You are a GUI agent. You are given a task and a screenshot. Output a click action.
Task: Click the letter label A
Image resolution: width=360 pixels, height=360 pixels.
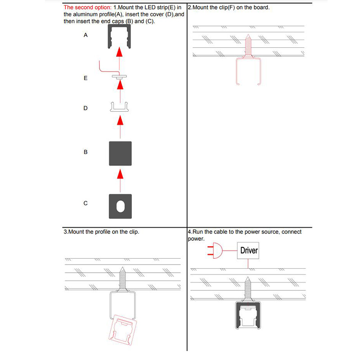click(x=85, y=35)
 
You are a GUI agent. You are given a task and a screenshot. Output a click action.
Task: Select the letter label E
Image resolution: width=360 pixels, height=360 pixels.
click(x=85, y=78)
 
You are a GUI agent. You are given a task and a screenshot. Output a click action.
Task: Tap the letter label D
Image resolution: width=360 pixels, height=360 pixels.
click(x=85, y=108)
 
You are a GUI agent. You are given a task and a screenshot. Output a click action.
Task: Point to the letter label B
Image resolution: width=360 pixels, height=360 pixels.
click(x=85, y=152)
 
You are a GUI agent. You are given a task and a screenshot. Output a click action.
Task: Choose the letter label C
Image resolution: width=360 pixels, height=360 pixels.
click(x=85, y=203)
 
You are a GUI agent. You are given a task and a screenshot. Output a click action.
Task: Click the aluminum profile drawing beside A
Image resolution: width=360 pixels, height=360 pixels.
click(x=120, y=37)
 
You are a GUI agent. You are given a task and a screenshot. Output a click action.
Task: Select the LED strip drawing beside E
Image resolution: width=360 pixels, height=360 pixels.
click(x=120, y=77)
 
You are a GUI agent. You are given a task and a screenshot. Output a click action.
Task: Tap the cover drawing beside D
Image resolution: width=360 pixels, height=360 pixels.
click(x=120, y=107)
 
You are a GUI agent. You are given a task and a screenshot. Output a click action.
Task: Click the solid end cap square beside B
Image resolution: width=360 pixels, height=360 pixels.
click(x=120, y=153)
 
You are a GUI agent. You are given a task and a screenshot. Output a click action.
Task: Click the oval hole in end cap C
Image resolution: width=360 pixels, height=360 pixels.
click(x=120, y=206)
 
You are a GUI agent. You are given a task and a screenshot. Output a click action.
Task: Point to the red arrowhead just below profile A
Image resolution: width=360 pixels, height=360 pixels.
click(x=120, y=53)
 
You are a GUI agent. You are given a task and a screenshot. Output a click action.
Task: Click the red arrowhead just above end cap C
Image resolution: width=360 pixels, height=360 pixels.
click(x=120, y=174)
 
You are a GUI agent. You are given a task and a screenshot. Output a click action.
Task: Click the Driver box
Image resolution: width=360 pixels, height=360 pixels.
click(x=249, y=250)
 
